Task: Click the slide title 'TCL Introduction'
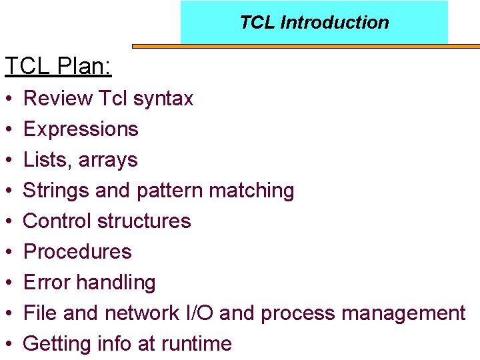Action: (x=314, y=23)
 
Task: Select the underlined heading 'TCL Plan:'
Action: (x=58, y=66)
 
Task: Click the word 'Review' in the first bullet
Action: (x=57, y=99)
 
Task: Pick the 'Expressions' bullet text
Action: (x=81, y=129)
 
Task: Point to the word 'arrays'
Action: (x=107, y=160)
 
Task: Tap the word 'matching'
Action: (x=251, y=191)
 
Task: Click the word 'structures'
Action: (x=146, y=221)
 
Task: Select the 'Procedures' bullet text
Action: (x=77, y=252)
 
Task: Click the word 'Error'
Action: (x=47, y=283)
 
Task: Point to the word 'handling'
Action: (x=116, y=283)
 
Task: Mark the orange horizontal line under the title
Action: (x=306, y=47)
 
